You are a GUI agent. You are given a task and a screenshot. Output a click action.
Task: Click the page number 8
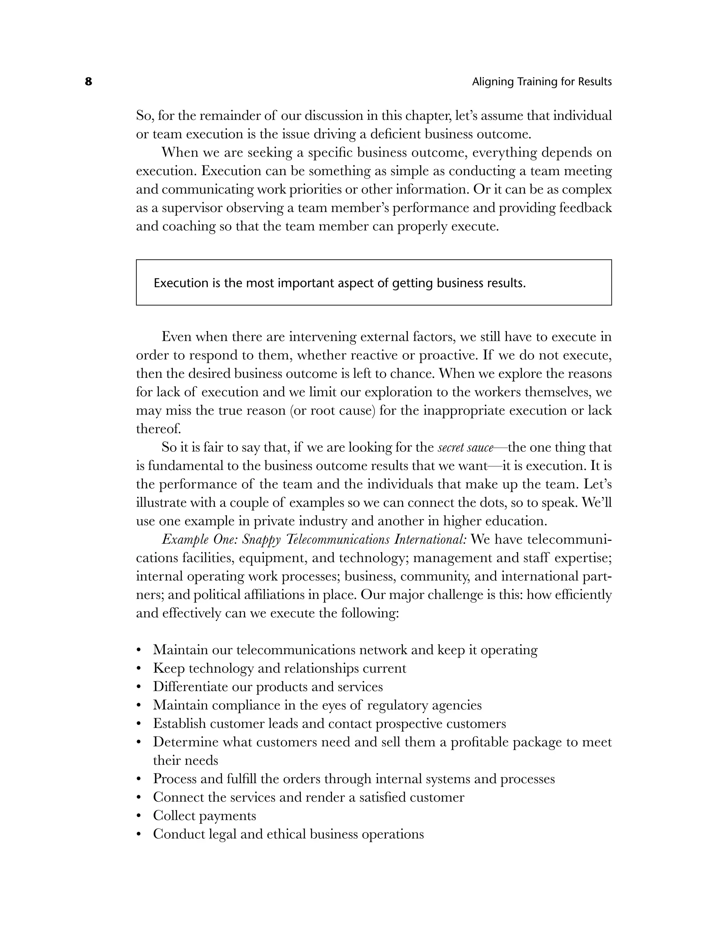(x=88, y=82)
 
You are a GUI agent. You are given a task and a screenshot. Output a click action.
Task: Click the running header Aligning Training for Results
(x=541, y=82)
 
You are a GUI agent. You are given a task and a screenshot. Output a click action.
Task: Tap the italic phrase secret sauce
(x=466, y=448)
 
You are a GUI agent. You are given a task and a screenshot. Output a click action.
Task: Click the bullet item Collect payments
(x=204, y=816)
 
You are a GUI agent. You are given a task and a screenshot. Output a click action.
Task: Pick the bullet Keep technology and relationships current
(x=279, y=668)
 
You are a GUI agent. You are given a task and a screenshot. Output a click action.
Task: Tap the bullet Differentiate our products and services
(x=267, y=687)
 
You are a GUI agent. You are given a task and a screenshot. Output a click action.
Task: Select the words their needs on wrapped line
(x=185, y=761)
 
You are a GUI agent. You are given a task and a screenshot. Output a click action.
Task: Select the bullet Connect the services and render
(x=309, y=797)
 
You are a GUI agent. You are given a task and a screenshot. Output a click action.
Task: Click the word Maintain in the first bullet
(x=181, y=650)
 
